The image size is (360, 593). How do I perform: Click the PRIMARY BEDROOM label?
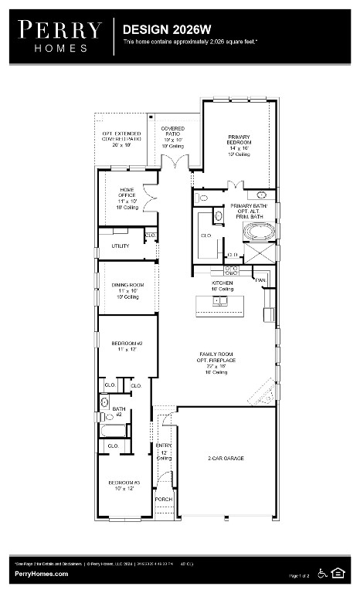[x=239, y=141]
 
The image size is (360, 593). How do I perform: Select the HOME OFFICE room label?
[x=127, y=192]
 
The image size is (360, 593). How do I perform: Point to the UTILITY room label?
[x=120, y=246]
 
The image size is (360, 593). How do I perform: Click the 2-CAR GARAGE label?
[x=226, y=458]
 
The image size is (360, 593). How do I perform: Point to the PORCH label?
[x=163, y=500]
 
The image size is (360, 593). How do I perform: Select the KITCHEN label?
[x=222, y=283]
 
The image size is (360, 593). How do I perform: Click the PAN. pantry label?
[x=261, y=280]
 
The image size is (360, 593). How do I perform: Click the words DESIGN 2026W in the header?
[x=156, y=29]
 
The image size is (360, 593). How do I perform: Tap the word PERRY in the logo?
[x=59, y=30]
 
